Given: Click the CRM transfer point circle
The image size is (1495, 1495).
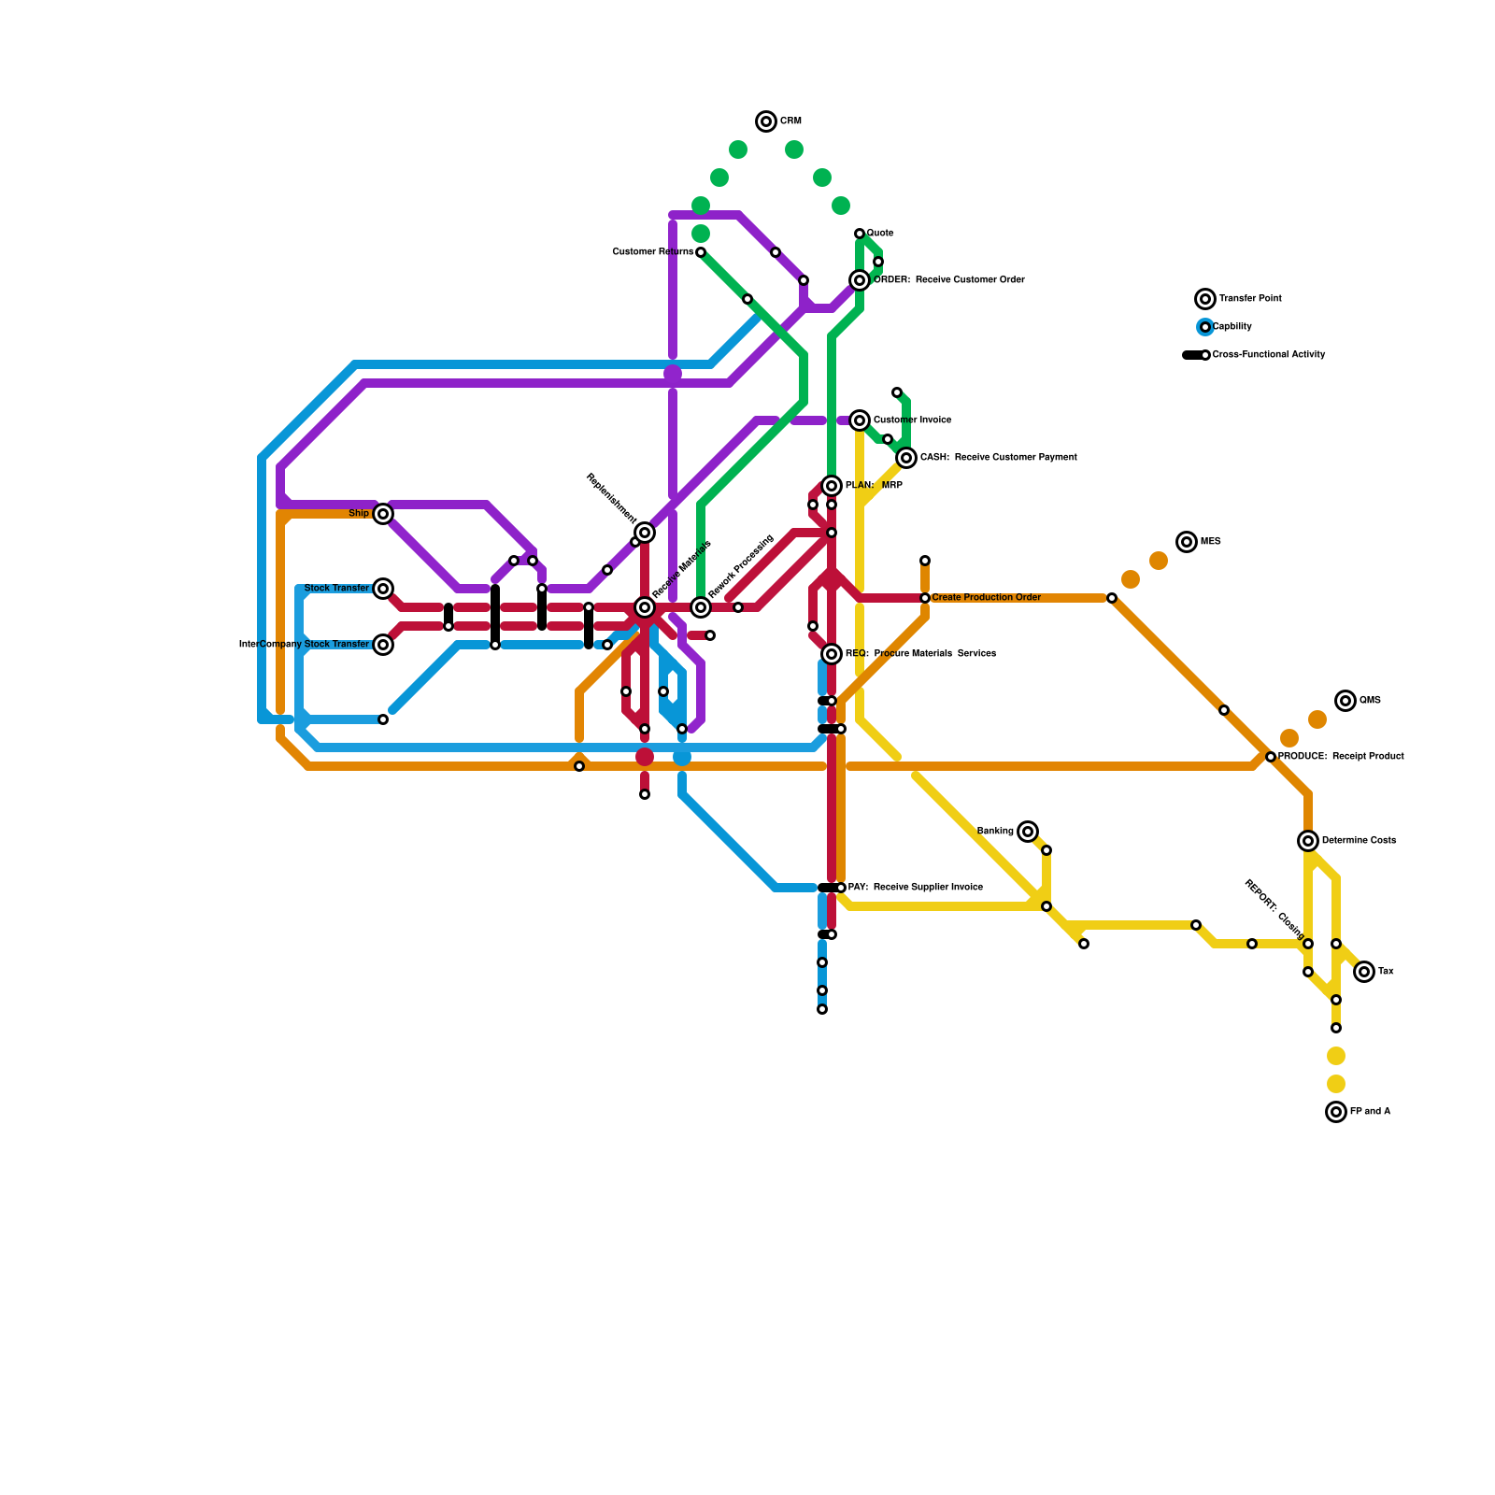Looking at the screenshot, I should (766, 121).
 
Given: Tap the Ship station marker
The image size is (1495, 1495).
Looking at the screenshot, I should (383, 514).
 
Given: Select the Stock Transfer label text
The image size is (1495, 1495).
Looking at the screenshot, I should (336, 589).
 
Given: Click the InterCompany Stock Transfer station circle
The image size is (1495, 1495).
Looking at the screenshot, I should (383, 645).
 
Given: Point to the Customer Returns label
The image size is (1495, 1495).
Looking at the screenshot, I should (652, 252).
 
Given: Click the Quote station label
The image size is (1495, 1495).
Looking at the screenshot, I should (879, 234).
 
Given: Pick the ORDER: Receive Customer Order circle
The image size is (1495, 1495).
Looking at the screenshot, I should (860, 280).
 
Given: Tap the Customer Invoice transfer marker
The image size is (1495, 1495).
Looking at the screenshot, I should (860, 420).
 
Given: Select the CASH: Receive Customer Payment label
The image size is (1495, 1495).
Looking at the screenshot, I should (998, 458).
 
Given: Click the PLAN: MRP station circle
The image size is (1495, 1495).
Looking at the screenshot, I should (832, 486).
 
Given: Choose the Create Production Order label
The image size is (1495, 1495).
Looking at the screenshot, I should (986, 598).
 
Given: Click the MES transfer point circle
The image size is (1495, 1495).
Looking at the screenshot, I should (1187, 542).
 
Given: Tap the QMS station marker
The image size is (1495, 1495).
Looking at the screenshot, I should (1345, 701).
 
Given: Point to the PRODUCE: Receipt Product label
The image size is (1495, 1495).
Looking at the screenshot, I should (1340, 757).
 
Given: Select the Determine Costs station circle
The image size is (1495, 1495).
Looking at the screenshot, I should (1308, 841).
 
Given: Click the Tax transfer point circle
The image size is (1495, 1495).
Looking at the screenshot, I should (1364, 972).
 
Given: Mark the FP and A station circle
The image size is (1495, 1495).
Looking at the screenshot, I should (1336, 1112).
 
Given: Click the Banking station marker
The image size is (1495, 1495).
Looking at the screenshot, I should (1028, 832).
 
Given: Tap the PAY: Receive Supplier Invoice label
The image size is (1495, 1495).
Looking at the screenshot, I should (915, 888).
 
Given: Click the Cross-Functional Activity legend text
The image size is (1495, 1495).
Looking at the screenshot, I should (1268, 355).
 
